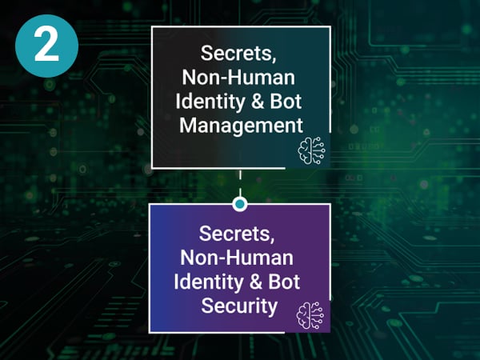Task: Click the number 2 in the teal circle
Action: click(46, 46)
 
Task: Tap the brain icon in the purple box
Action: click(309, 313)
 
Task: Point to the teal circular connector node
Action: click(239, 204)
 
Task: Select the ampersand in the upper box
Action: click(254, 103)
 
